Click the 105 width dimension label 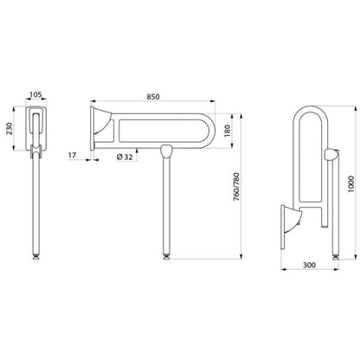pos(36,94)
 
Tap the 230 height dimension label pos(10,129)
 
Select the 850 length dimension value pos(153,97)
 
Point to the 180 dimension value pos(227,131)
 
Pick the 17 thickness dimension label pos(72,156)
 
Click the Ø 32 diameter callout pos(125,157)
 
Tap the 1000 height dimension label pos(350,183)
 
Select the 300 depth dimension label pos(309,265)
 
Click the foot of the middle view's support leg pos(166,256)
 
